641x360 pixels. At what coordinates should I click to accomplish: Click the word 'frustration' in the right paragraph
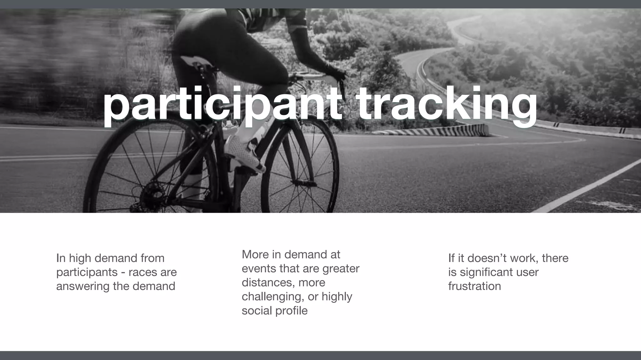pyautogui.click(x=474, y=286)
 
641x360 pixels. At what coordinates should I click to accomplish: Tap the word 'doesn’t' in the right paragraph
pyautogui.click(x=487, y=258)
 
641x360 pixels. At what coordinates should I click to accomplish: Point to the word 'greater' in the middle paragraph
pyautogui.click(x=341, y=268)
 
